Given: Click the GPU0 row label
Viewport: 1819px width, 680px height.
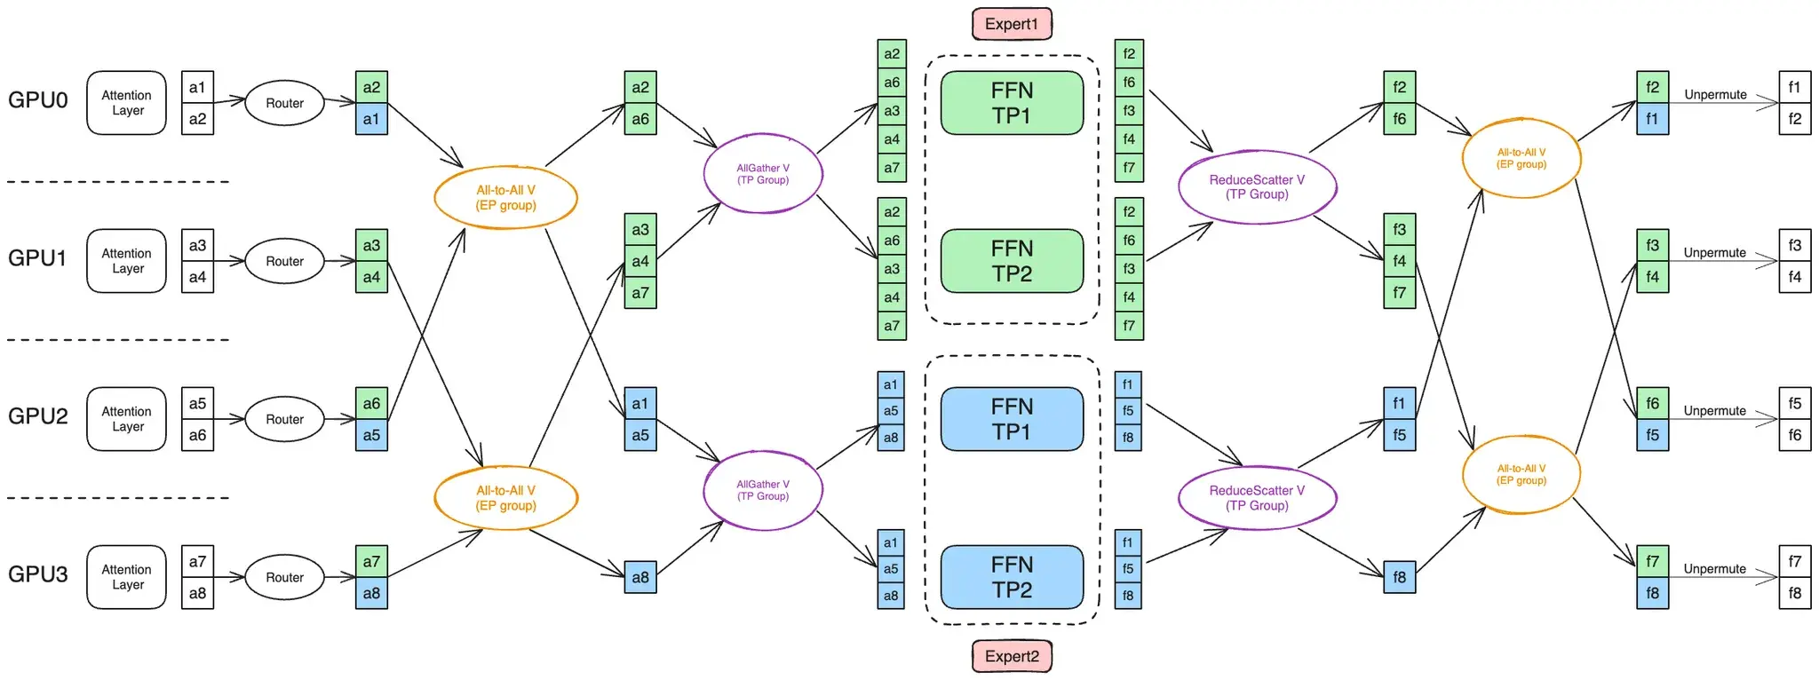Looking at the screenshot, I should click(38, 100).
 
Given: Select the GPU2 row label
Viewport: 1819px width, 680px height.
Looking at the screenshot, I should click(38, 416).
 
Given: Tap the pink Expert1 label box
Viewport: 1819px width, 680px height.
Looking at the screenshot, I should click(1012, 24).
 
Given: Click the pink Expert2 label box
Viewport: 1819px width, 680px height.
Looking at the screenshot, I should click(1012, 656).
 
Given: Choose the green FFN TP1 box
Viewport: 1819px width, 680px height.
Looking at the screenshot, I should click(1012, 103).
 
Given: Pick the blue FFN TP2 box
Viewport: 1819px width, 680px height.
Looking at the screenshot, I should click(1012, 577).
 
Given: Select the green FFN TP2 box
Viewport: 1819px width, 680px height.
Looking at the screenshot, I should click(1012, 261).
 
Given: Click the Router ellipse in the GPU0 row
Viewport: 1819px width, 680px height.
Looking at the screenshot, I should click(284, 103).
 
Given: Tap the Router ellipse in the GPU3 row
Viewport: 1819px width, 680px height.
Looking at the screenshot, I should click(284, 577).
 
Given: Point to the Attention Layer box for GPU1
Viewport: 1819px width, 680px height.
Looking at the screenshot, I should click(126, 261).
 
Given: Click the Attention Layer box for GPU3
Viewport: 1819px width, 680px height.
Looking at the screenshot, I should click(126, 577).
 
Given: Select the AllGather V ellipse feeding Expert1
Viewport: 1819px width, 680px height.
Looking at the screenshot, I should click(763, 174).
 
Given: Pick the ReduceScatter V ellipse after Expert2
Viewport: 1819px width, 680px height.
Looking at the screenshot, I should click(1257, 498).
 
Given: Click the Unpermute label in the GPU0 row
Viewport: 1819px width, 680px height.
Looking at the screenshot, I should click(1715, 95).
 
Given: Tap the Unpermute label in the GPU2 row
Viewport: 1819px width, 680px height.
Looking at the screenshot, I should click(1714, 411).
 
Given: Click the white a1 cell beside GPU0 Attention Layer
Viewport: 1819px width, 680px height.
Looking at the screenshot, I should click(197, 87).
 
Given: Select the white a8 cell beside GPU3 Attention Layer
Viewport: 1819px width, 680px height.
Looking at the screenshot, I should click(197, 593).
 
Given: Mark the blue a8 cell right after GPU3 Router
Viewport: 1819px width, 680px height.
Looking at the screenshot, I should click(371, 593).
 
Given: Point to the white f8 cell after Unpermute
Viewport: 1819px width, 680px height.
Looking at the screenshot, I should click(1794, 593).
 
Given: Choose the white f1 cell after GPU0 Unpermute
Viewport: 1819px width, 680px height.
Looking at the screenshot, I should click(1794, 87).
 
